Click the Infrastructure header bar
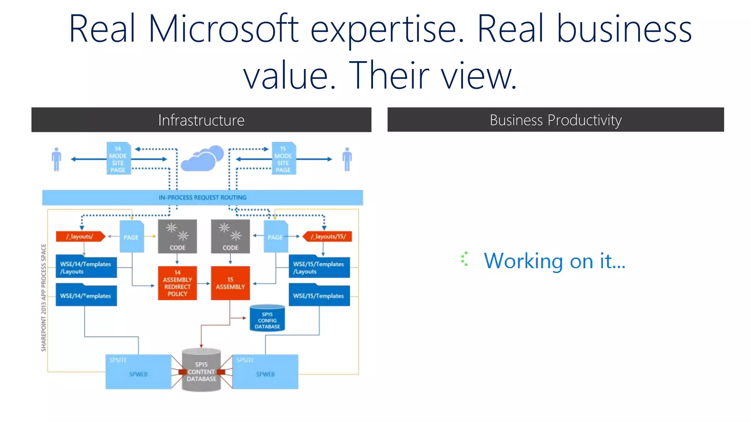pyautogui.click(x=201, y=120)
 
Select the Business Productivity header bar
pyautogui.click(x=555, y=120)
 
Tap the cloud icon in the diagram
pyautogui.click(x=202, y=158)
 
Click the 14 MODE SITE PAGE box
pyautogui.click(x=118, y=159)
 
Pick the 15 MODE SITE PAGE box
pyautogui.click(x=283, y=159)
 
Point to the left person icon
pyautogui.click(x=56, y=159)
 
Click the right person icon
pyautogui.click(x=347, y=159)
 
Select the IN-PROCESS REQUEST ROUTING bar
pyautogui.click(x=202, y=197)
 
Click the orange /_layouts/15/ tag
pyautogui.click(x=327, y=237)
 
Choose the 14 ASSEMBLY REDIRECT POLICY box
pyautogui.click(x=177, y=283)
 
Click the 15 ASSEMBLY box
pyautogui.click(x=230, y=283)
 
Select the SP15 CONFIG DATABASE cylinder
pyautogui.click(x=267, y=318)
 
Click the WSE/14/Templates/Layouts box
pyautogui.click(x=86, y=267)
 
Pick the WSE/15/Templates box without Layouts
pyautogui.click(x=319, y=296)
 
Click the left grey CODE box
pyautogui.click(x=177, y=237)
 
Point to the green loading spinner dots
pyautogui.click(x=465, y=259)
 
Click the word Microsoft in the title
pyautogui.click(x=224, y=29)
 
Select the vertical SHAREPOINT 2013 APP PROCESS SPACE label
pyautogui.click(x=44, y=297)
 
